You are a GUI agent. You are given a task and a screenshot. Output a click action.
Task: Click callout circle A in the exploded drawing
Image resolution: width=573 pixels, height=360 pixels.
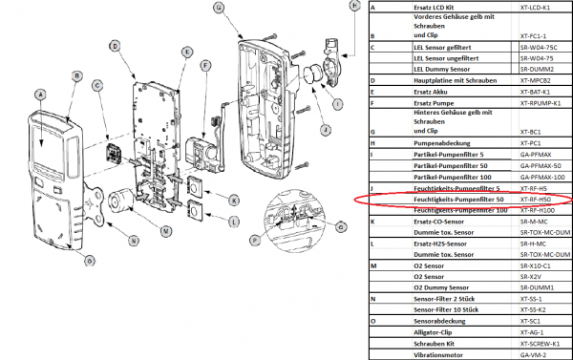coord(40,94)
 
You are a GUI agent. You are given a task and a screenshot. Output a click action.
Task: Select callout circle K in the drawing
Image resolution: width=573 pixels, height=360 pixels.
coord(233,200)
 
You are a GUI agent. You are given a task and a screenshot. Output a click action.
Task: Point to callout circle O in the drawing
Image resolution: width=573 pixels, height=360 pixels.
coord(90,260)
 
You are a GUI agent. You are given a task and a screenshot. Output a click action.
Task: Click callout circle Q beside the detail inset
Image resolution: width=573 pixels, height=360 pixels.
coord(341,225)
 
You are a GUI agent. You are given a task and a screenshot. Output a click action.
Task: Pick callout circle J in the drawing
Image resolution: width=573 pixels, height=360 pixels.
coord(325,129)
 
